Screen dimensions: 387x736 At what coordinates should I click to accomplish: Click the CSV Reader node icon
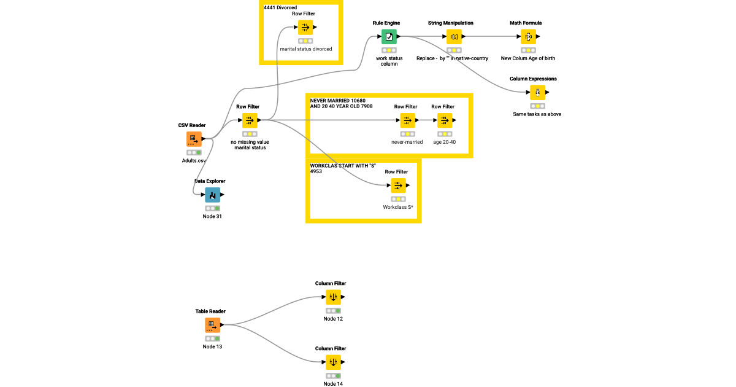[x=194, y=139]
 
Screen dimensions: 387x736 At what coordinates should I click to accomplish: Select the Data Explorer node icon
[x=212, y=195]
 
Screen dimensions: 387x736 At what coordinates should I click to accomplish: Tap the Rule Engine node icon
[x=389, y=37]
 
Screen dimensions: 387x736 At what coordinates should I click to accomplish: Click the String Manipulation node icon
[x=454, y=37]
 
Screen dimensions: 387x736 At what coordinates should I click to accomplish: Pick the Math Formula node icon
[x=528, y=37]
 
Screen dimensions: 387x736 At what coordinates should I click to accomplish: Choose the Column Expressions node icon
[x=537, y=93]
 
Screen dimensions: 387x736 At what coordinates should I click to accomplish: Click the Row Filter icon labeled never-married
[x=407, y=120]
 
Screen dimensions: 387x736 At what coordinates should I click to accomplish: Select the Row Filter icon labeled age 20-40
[x=445, y=120]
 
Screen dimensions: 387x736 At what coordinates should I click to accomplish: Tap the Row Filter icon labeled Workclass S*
[x=398, y=186]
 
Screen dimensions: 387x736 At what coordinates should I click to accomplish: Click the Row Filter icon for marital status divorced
[x=305, y=28]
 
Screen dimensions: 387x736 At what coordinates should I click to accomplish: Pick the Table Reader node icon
[x=212, y=325]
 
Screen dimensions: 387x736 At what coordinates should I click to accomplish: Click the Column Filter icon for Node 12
[x=333, y=297]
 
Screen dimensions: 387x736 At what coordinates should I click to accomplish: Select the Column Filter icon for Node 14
[x=333, y=362]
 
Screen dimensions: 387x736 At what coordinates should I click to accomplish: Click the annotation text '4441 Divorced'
[x=280, y=7]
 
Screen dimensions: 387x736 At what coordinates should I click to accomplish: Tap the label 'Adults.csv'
[x=194, y=160]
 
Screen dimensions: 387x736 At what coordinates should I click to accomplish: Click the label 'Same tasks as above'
[x=537, y=114]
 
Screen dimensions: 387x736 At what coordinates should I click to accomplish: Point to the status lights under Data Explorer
[x=212, y=208]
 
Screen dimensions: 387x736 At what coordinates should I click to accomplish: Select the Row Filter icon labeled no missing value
[x=250, y=120]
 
